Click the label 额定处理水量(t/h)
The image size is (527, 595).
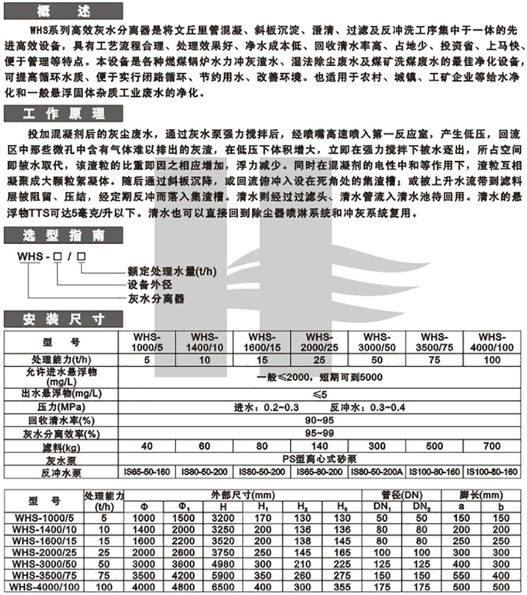click(169, 272)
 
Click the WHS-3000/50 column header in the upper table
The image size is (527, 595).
click(377, 342)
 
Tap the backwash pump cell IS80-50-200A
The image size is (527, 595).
click(377, 472)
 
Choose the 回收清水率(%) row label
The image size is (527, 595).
click(61, 421)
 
